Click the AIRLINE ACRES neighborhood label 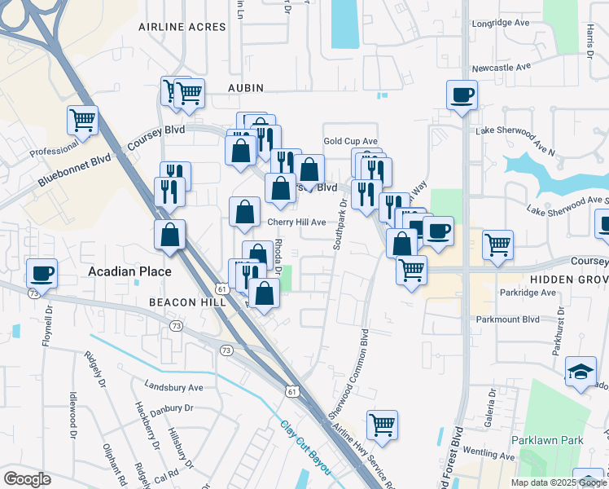click(182, 27)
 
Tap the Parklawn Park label click(547, 440)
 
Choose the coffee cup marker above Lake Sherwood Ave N click(462, 95)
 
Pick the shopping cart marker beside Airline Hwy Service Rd click(382, 424)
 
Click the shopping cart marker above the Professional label click(82, 121)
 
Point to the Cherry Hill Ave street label click(296, 222)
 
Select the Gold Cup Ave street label click(350, 141)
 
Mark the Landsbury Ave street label click(173, 386)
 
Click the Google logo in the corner click(27, 479)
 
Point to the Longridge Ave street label click(502, 24)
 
